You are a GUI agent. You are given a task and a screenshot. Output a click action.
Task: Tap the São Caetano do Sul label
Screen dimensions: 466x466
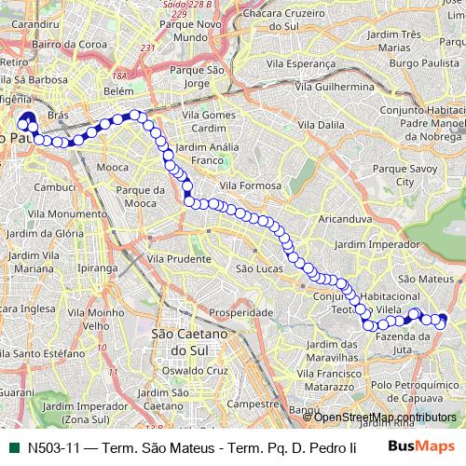(x=184, y=341)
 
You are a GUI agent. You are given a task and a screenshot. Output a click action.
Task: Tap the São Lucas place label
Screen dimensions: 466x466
(x=258, y=268)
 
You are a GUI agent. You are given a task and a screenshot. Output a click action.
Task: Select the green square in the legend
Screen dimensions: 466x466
(x=12, y=446)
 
